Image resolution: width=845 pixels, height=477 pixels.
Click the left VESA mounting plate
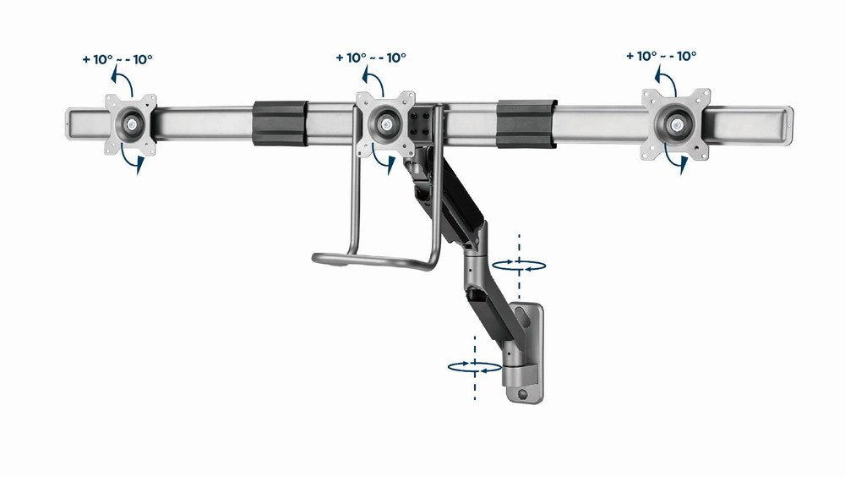pos(131,124)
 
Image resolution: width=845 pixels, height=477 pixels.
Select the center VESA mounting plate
pos(384,124)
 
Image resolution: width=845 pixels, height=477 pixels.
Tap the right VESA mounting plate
pos(673,123)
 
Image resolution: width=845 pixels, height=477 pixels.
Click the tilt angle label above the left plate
pos(119,59)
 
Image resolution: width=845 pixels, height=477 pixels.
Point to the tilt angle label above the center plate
pos(371,58)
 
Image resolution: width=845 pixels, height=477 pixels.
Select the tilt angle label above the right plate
pos(662,56)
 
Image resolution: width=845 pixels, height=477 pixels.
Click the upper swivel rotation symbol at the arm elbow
pos(517,265)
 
